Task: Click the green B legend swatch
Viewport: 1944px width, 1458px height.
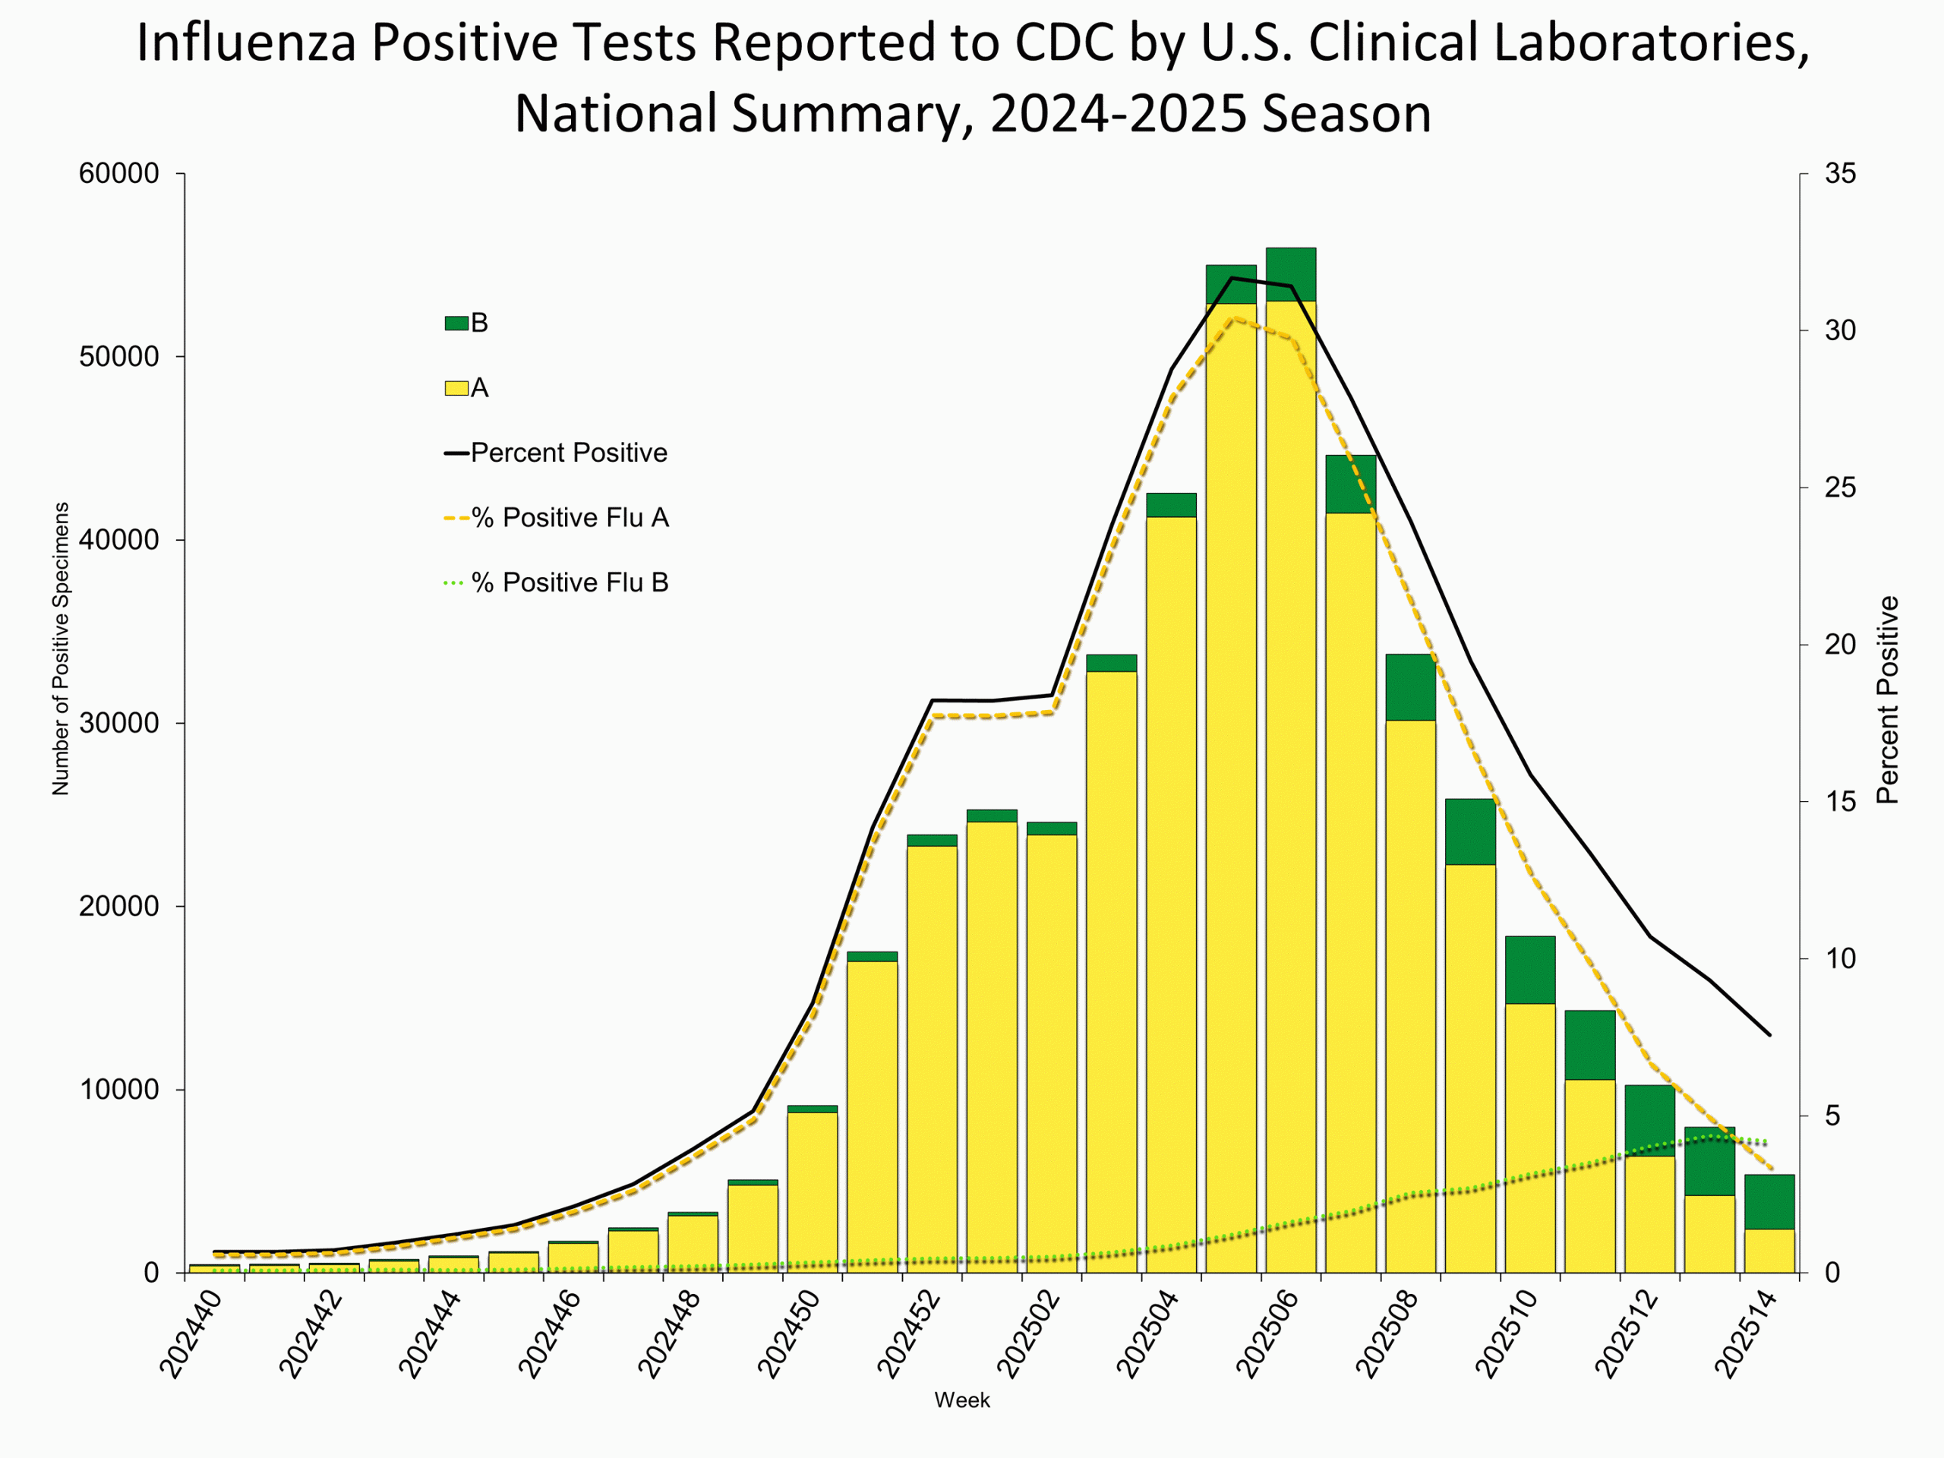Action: (x=456, y=323)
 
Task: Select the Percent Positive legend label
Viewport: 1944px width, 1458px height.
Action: (x=569, y=453)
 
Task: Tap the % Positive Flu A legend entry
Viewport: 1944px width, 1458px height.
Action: (x=570, y=518)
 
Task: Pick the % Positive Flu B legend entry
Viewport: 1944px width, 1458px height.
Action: (x=570, y=582)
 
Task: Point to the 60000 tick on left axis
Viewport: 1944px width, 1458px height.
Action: (x=118, y=174)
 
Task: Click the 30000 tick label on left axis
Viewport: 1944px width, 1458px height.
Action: (x=118, y=723)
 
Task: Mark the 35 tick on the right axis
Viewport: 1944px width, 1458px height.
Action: (x=1840, y=174)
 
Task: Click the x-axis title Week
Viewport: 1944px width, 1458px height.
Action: (x=961, y=1400)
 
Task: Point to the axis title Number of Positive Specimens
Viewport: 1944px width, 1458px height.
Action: (x=61, y=649)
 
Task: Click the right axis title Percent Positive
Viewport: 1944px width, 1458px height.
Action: (x=1887, y=699)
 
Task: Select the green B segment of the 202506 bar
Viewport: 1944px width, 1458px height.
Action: (x=1290, y=274)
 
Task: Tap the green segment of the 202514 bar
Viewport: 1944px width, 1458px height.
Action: (x=1769, y=1201)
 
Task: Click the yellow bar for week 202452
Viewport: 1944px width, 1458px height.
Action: (x=932, y=1055)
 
